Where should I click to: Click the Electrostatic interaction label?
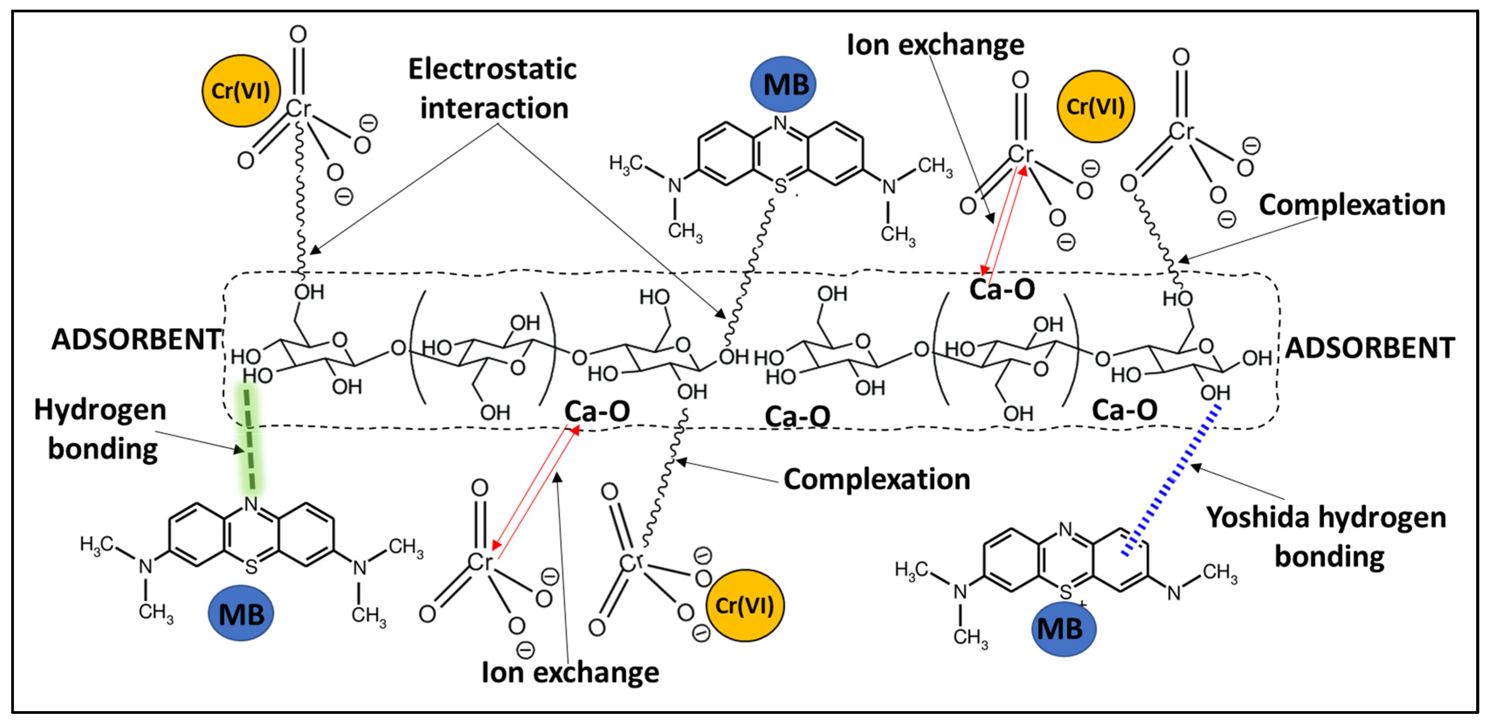(493, 89)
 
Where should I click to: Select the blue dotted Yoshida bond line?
(1172, 479)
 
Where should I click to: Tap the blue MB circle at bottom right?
(1063, 628)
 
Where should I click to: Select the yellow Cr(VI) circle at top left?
(241, 91)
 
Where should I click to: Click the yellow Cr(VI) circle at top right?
(1095, 107)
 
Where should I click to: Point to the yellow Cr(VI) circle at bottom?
(744, 605)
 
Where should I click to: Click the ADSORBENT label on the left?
(136, 339)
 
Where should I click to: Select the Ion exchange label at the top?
(935, 44)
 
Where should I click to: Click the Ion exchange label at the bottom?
(570, 673)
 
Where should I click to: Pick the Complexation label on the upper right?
(1352, 205)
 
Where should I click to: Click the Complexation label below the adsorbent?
(876, 479)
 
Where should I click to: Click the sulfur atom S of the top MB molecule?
(780, 186)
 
